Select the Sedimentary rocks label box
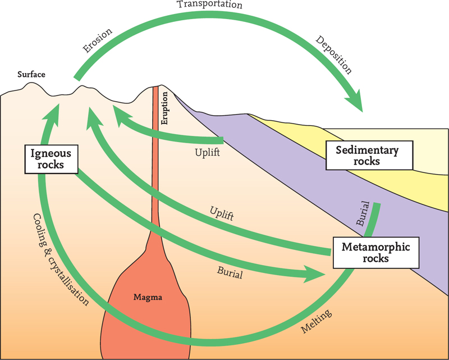[x=366, y=156]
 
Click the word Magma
[x=148, y=298]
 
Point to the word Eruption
[x=165, y=111]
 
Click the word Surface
[x=31, y=74]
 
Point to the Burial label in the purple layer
[x=363, y=213]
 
